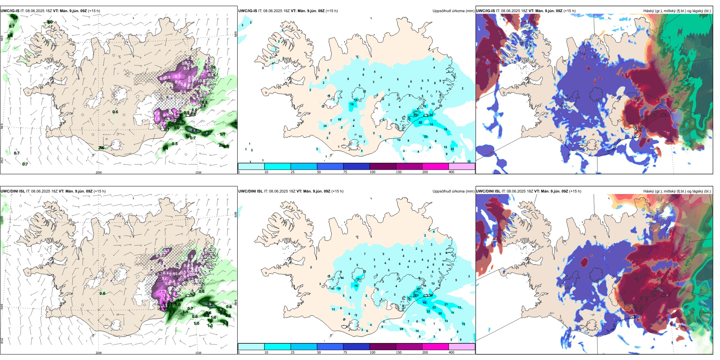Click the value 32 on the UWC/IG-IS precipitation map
(x=420, y=122)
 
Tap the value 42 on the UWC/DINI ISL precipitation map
(x=424, y=302)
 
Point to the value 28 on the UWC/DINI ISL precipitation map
(x=401, y=329)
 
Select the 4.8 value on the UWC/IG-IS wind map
(x=194, y=131)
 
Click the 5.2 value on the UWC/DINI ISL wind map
(x=211, y=304)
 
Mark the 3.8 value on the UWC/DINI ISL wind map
(x=225, y=323)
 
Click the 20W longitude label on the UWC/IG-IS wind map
(x=99, y=172)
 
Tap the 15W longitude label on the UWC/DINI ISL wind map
(x=198, y=353)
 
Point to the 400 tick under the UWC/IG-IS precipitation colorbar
(x=451, y=172)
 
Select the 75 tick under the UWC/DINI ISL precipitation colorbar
(x=345, y=352)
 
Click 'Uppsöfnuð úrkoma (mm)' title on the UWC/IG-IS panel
(x=453, y=11)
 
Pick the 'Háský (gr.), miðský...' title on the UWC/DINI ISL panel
(x=677, y=191)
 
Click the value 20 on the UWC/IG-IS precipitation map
(x=426, y=136)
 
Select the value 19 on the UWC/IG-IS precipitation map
(x=352, y=104)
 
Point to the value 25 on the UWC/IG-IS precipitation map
(x=452, y=149)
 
